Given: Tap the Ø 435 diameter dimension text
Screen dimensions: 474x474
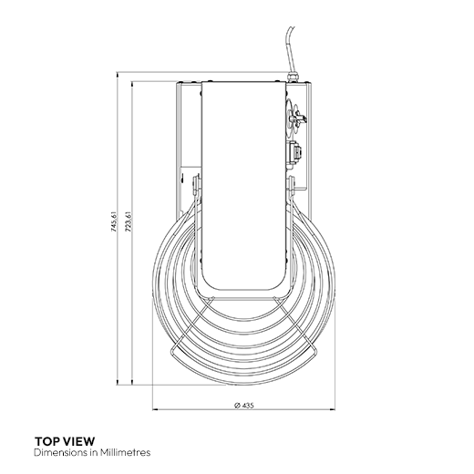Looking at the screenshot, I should tap(243, 405).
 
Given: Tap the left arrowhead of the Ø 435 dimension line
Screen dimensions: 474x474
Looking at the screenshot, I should tap(155, 408).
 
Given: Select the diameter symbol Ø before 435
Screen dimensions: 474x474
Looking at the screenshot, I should tap(236, 405).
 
